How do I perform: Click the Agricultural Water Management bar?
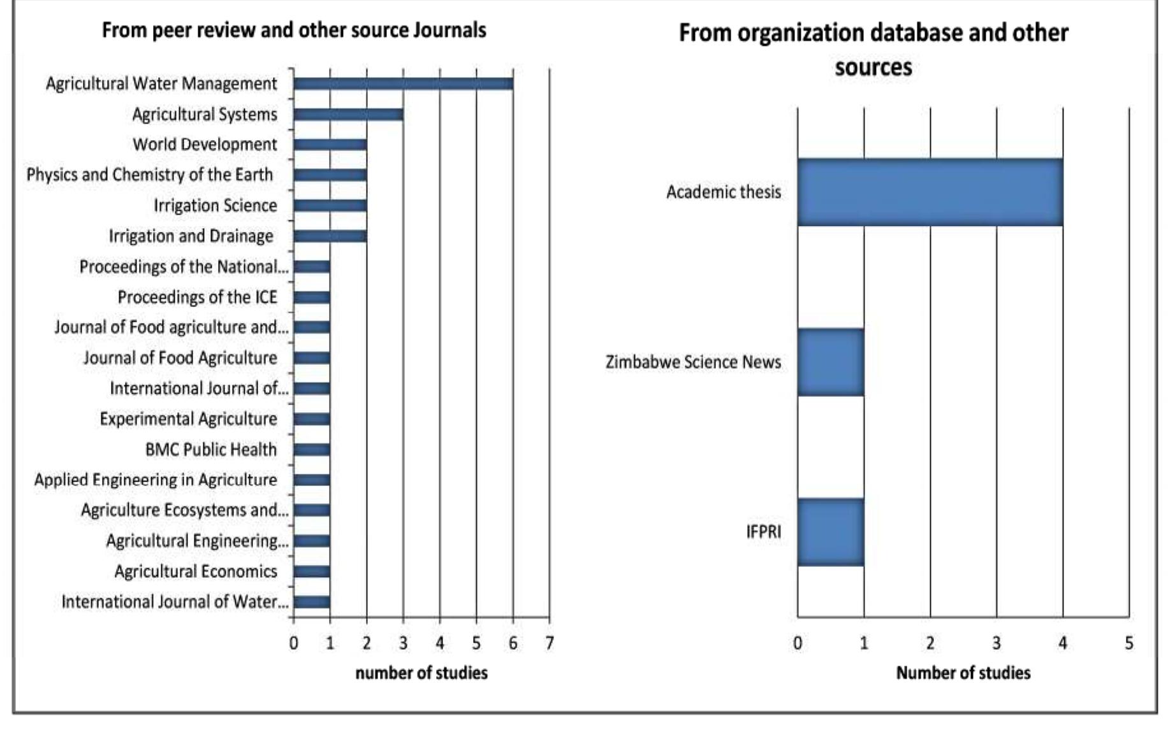[x=403, y=83]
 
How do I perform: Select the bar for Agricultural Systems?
[x=348, y=114]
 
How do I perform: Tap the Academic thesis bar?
[x=930, y=192]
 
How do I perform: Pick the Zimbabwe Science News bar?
[x=830, y=362]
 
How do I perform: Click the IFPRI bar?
[x=830, y=532]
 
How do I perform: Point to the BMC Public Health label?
[x=211, y=450]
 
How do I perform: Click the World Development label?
[x=205, y=145]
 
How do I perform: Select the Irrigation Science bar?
[x=330, y=205]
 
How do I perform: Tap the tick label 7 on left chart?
[x=549, y=643]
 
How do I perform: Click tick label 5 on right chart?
[x=1128, y=643]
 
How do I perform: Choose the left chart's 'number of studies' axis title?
[x=421, y=673]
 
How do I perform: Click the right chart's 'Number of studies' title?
[x=963, y=673]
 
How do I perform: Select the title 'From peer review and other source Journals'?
[x=294, y=30]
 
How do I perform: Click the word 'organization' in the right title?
[x=799, y=33]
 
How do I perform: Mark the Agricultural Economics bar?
[x=312, y=571]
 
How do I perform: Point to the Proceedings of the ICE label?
[x=197, y=297]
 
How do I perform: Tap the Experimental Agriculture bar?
[x=312, y=419]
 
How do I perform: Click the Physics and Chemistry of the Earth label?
[x=149, y=175]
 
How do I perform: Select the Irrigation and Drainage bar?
[x=330, y=236]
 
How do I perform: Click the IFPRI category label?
[x=763, y=532]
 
